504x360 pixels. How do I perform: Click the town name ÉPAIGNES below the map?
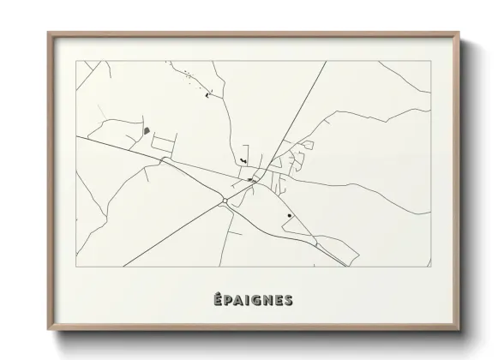point(253,300)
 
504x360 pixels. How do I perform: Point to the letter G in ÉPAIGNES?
point(255,300)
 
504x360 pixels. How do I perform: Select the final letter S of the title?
point(288,300)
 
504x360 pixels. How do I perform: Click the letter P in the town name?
point(229,300)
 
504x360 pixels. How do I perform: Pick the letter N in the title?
point(267,300)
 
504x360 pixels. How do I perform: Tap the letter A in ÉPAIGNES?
point(239,300)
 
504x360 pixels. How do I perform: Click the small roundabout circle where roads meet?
point(224,201)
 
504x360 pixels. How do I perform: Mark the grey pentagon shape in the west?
point(146,131)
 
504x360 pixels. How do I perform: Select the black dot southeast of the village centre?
point(290,215)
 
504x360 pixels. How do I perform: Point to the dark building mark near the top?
point(207,95)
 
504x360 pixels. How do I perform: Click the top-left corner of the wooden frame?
point(48,33)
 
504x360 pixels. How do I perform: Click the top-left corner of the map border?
point(76,61)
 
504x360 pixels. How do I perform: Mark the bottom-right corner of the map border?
point(431,267)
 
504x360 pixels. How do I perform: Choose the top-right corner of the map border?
point(431,61)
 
